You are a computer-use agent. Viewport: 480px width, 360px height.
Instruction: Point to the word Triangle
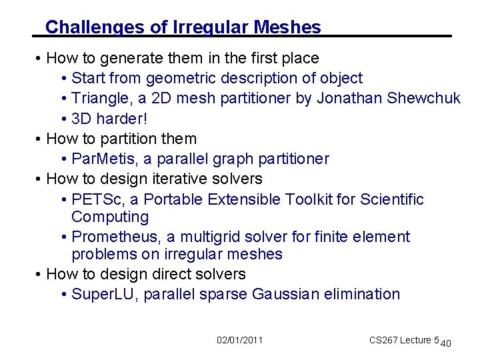(99, 99)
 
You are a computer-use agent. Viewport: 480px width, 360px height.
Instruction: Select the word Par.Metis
(99, 159)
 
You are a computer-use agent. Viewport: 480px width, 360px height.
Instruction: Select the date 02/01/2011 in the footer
(240, 340)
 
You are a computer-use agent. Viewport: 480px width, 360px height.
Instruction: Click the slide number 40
(447, 343)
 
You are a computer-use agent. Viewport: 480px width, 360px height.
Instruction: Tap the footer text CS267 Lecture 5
(404, 340)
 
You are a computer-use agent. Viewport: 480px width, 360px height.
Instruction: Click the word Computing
(110, 217)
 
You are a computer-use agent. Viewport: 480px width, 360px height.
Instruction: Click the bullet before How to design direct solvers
(40, 274)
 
